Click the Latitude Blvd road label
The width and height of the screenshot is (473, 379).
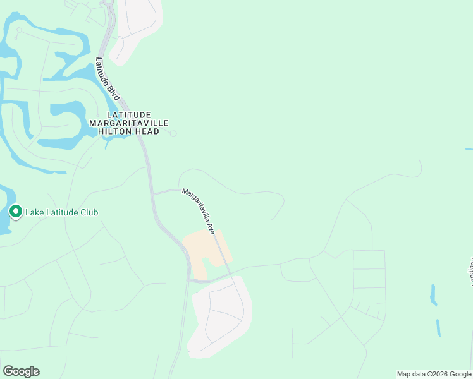(107, 78)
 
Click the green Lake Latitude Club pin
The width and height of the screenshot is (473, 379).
(16, 212)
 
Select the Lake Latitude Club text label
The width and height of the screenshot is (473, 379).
(61, 212)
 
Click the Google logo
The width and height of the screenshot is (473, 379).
(21, 371)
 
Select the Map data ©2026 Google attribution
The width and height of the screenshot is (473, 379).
(434, 374)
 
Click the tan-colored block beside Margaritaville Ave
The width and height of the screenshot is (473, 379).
(202, 250)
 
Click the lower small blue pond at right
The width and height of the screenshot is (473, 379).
(438, 327)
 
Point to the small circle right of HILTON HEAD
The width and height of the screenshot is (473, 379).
(173, 133)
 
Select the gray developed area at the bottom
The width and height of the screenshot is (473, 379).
(221, 316)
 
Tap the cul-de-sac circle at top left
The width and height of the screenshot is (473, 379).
(19, 30)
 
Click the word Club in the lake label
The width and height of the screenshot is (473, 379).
(89, 212)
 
